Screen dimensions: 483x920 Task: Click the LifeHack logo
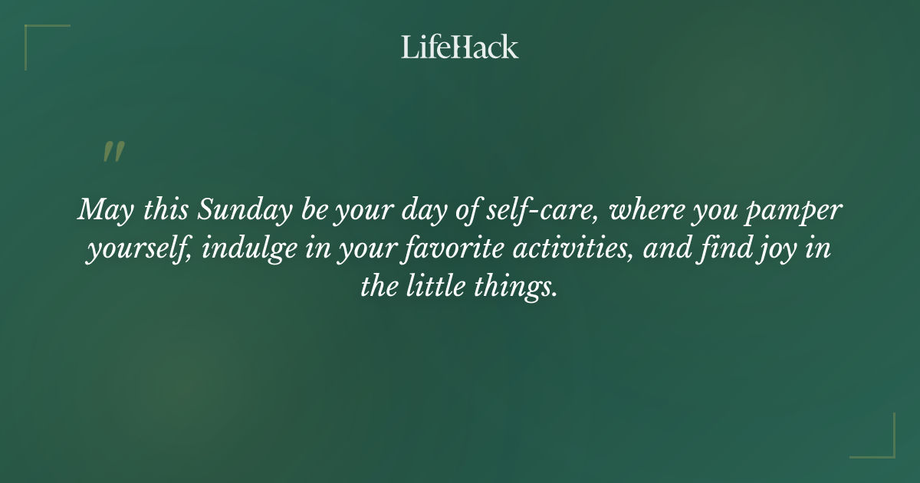click(x=460, y=47)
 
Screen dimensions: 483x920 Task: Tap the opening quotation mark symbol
click(x=113, y=152)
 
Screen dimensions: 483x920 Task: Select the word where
click(x=640, y=210)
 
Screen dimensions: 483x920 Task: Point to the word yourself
click(x=136, y=250)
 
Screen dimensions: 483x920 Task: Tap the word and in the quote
click(x=665, y=250)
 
